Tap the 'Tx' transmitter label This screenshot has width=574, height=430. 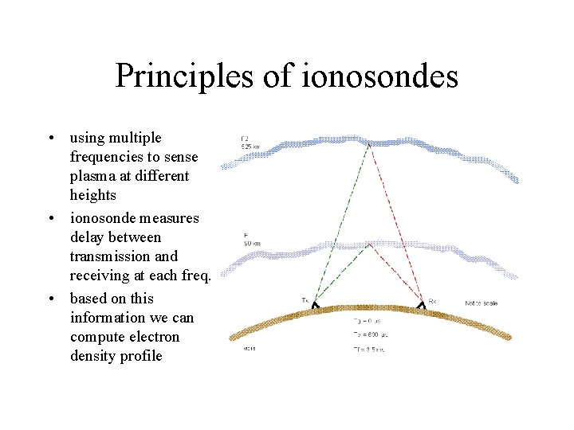click(305, 299)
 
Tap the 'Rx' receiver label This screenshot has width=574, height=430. click(433, 301)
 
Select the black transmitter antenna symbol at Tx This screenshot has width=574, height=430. click(316, 305)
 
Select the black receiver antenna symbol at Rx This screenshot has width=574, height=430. click(421, 305)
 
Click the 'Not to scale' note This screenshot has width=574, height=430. click(482, 303)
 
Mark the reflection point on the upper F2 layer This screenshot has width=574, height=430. click(368, 143)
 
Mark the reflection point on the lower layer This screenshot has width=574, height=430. click(368, 244)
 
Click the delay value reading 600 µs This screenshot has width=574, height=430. click(368, 334)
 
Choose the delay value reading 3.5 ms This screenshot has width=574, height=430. click(368, 350)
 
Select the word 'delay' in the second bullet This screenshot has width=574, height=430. click(86, 237)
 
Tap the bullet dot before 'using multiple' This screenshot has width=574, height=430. click(50, 139)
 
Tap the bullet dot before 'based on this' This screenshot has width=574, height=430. click(50, 299)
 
